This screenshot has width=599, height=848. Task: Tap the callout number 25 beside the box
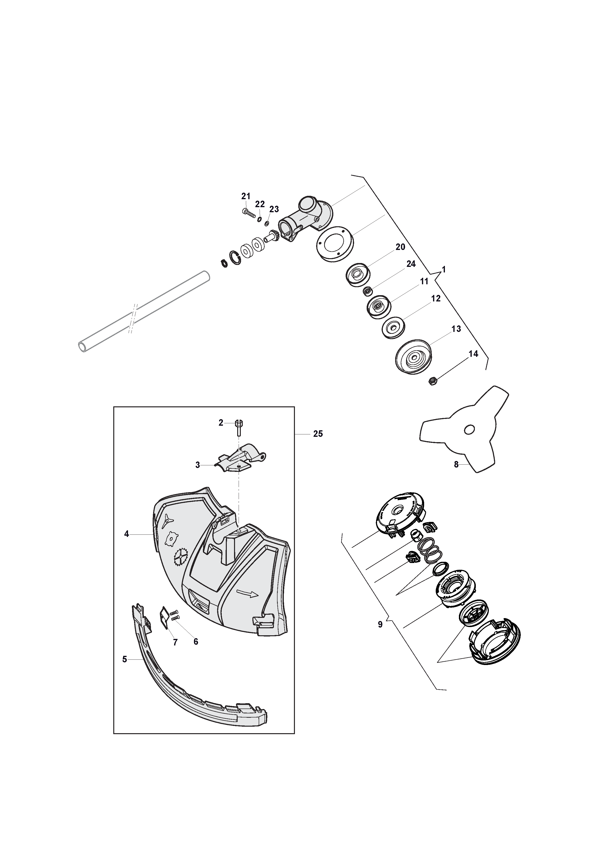tap(318, 434)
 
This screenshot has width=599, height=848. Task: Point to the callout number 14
tap(473, 354)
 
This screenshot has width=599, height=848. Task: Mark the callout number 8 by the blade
tap(456, 465)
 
